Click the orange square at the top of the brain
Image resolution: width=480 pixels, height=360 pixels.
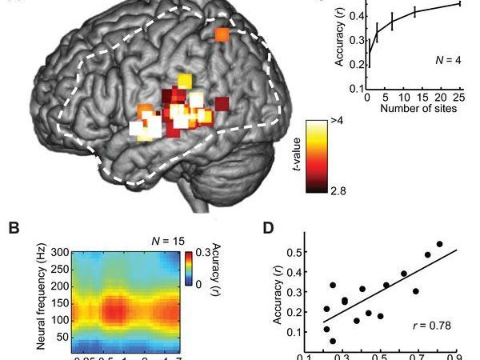coord(222,34)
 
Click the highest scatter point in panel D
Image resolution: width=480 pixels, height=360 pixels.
coord(439,244)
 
